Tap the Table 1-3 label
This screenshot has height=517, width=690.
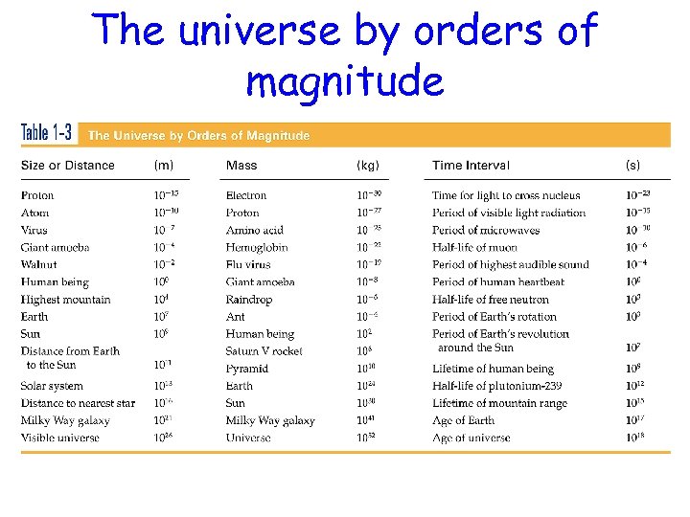(x=47, y=134)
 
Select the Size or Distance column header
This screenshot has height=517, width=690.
(x=67, y=166)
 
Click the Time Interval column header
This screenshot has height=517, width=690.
(x=471, y=166)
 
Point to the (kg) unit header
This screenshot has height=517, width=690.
(x=368, y=166)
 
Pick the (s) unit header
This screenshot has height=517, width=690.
(x=632, y=166)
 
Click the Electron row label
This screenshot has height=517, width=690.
(x=246, y=196)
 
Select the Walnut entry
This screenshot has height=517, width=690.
(x=38, y=265)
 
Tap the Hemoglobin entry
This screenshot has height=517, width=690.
(x=256, y=248)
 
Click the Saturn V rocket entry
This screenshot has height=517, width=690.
(x=264, y=351)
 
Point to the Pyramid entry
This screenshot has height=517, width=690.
(x=247, y=369)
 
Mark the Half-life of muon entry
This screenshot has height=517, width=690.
(x=477, y=248)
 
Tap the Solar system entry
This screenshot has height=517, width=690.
(x=52, y=386)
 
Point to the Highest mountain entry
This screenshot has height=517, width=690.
(x=65, y=300)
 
